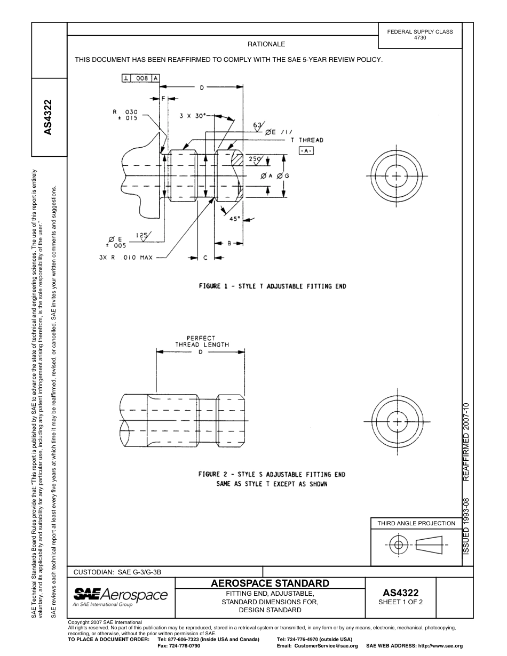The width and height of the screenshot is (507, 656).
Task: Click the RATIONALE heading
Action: click(x=266, y=44)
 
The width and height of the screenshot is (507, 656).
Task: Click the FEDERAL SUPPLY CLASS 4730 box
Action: click(x=419, y=35)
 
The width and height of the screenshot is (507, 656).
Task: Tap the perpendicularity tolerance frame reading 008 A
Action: click(x=140, y=78)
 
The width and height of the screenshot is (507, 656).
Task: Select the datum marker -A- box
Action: click(x=306, y=151)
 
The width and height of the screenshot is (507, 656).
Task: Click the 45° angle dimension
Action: click(x=235, y=219)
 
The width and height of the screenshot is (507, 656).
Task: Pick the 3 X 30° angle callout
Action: click(x=193, y=115)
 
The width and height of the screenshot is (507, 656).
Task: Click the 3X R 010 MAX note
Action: click(x=126, y=258)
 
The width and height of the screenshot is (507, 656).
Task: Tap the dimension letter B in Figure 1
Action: click(x=229, y=243)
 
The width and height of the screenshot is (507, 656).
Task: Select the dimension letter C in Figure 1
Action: click(x=205, y=258)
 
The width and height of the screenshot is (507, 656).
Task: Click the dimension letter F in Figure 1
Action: click(x=164, y=99)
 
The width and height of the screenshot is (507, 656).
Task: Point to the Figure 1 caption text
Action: click(x=272, y=286)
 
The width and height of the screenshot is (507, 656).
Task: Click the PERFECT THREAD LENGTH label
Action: click(x=202, y=341)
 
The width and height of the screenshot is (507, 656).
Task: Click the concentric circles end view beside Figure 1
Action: click(x=396, y=175)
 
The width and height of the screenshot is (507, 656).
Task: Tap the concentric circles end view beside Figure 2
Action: click(x=396, y=417)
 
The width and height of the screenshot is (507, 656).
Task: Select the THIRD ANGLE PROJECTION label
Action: click(x=416, y=523)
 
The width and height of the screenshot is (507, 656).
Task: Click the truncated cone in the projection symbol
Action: click(x=432, y=545)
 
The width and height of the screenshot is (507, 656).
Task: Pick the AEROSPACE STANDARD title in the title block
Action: click(x=270, y=583)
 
